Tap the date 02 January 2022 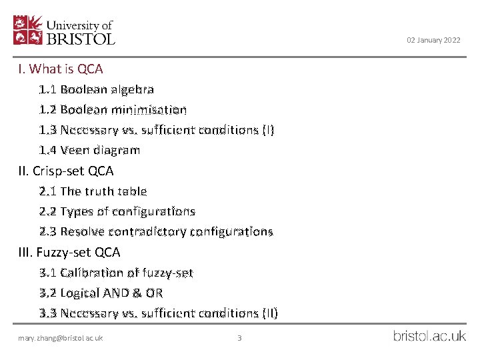tap(433, 41)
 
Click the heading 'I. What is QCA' tap(61, 69)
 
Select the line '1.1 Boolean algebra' tap(97, 89)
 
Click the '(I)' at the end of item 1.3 tap(267, 130)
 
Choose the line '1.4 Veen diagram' tap(89, 150)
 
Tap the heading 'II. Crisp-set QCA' tap(66, 171)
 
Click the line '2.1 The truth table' tap(93, 191)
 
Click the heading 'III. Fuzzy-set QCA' tap(69, 252)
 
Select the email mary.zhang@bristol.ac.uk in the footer tap(61, 338)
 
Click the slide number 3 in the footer tap(239, 338)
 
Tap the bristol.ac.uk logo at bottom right tap(429, 337)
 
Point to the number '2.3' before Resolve tap(47, 232)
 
